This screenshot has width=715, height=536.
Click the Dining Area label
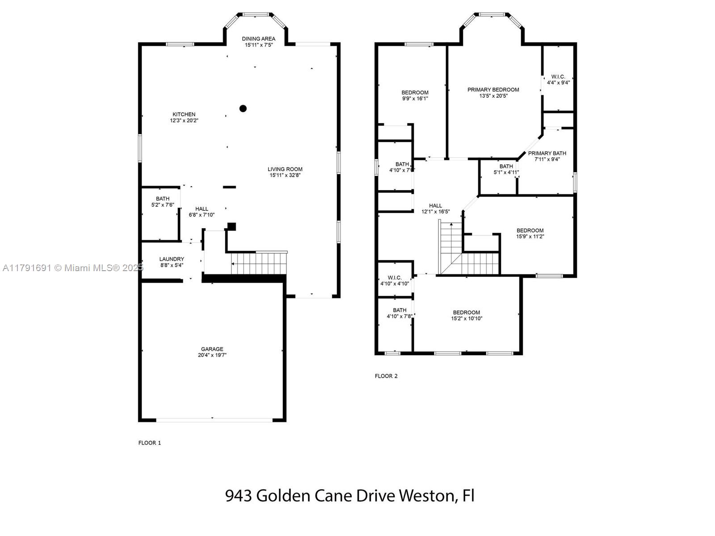258,39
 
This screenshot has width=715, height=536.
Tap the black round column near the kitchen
243,109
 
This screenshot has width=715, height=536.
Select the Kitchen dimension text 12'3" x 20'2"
184,121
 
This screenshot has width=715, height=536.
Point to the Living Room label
285,169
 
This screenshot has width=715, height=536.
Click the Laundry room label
172,259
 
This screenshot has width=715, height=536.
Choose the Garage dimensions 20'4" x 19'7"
212,355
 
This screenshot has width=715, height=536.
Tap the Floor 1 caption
150,443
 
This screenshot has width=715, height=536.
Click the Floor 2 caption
386,376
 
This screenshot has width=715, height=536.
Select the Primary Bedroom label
493,90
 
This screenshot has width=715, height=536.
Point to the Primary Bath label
547,153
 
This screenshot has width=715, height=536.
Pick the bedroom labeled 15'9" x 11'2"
530,233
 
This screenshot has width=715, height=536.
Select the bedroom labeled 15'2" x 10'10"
467,315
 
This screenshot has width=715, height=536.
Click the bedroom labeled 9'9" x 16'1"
415,95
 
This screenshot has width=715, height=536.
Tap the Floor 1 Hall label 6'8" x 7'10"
202,212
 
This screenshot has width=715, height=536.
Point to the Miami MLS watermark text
73,268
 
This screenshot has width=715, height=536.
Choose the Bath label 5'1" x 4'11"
506,169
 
